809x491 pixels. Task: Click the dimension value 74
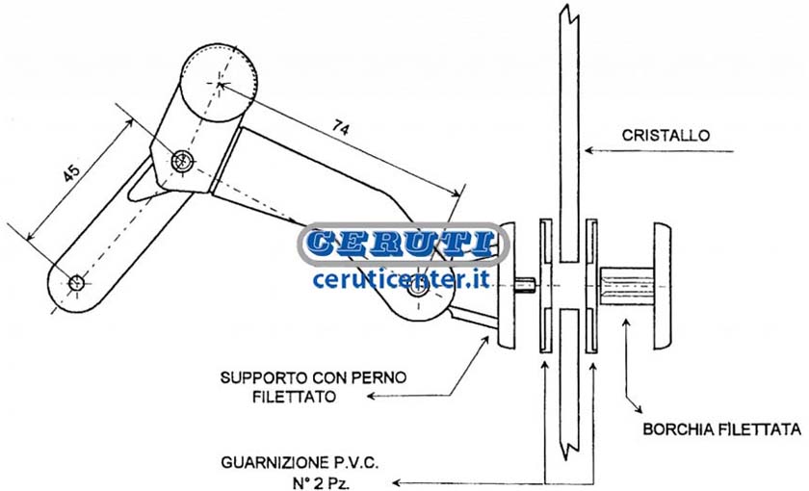coord(341,127)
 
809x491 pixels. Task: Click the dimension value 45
coord(71,172)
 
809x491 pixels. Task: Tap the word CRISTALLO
coord(665,135)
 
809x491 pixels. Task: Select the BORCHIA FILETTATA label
coord(721,429)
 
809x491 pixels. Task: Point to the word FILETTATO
coord(294,397)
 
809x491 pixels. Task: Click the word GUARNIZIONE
coord(270,462)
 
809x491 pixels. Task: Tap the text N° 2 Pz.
coord(320,483)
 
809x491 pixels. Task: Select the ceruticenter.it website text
coord(401,279)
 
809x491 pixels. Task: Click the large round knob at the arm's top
coord(220,83)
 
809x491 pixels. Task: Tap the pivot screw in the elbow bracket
coord(182,161)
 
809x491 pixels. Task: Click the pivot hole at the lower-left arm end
coord(76,283)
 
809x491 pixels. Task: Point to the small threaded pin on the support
coord(526,283)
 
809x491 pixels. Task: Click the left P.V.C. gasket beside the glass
coord(546,286)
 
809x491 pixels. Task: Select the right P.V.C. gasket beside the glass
coord(591,286)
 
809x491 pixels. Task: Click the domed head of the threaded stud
coord(664,286)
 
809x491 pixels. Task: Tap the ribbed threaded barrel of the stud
coord(627,286)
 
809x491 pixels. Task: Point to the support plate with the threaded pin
coord(507,285)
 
